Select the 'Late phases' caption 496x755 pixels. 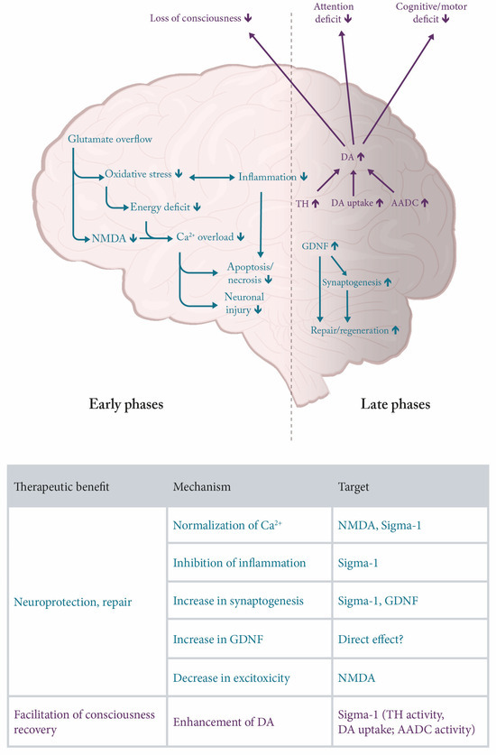click(392, 405)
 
